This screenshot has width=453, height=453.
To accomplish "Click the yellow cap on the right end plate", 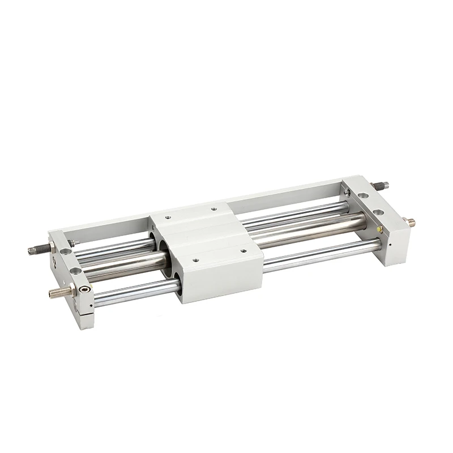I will tap(380, 229).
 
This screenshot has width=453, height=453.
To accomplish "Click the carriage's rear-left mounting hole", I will tap(168, 215).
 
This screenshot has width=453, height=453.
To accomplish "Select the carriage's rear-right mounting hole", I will tap(214, 208).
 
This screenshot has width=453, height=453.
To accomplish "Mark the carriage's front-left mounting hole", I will tap(195, 261).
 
